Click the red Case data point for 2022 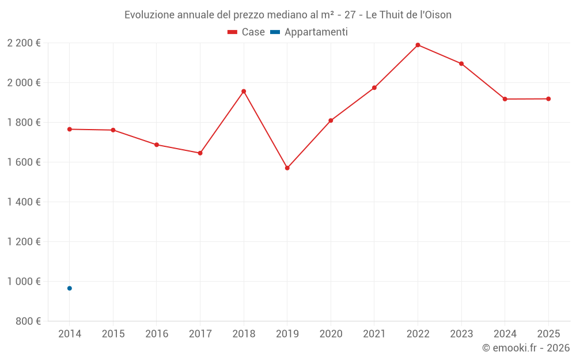pos(418,45)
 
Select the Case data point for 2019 pos(287,168)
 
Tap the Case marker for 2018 pos(244,91)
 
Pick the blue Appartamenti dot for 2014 pos(70,288)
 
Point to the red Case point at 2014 pos(70,129)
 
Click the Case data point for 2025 pos(548,99)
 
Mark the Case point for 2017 pos(200,153)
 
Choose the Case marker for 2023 pos(461,63)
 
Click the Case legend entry pos(247,32)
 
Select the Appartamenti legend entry pos(309,32)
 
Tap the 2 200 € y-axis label pos(24,43)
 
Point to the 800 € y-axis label pos(28,321)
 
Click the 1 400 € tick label pos(24,202)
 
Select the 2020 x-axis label pos(331,334)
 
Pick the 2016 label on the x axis pos(157,334)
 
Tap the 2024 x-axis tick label pos(505,334)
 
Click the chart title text pos(288,15)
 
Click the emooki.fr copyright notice pos(525,348)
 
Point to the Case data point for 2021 pos(374,88)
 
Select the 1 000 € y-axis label pos(24,282)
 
